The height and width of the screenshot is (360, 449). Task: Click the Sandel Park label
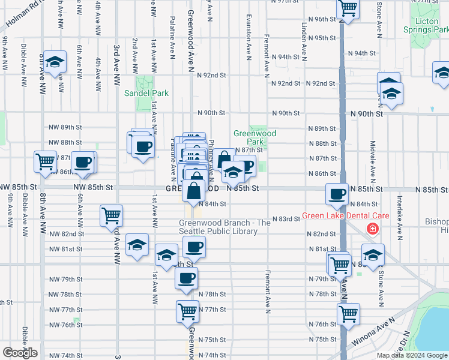(x=146, y=93)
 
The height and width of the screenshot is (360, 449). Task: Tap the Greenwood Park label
(x=255, y=138)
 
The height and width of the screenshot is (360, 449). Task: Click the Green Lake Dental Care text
(x=346, y=216)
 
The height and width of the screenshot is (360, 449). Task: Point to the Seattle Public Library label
(x=225, y=227)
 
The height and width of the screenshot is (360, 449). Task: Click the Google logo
(x=20, y=353)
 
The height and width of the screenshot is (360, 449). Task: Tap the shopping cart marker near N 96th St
(x=348, y=8)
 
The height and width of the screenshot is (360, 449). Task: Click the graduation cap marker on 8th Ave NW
(x=55, y=62)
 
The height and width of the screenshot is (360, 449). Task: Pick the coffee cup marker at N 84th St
(x=337, y=194)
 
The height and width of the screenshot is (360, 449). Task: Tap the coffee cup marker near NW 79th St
(x=186, y=278)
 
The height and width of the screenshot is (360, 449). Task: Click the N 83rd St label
(x=286, y=219)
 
